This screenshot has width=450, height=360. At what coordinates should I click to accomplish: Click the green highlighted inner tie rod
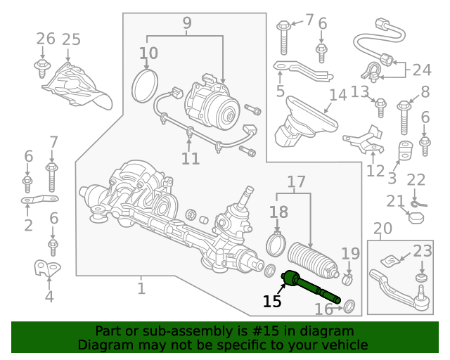click(311, 286)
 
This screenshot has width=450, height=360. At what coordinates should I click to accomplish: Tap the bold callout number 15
click(272, 301)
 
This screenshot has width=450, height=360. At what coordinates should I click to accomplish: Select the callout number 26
click(46, 39)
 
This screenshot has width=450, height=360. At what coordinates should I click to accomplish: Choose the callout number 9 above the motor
click(187, 23)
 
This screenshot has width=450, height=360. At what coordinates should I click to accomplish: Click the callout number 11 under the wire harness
click(191, 159)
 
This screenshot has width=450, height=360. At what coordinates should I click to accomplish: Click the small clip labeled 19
click(347, 279)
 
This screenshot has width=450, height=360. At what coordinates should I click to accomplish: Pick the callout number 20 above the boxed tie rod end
click(382, 229)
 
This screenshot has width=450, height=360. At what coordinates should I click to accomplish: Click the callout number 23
click(423, 251)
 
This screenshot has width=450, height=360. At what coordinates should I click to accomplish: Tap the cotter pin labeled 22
click(418, 205)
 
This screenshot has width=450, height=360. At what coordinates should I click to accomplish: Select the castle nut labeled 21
click(416, 218)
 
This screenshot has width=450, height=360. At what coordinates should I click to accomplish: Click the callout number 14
click(338, 95)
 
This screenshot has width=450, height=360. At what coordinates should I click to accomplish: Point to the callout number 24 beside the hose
click(422, 70)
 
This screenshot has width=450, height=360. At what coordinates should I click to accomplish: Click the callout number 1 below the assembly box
click(141, 288)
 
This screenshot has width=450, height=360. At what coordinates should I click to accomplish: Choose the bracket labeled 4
click(47, 268)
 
